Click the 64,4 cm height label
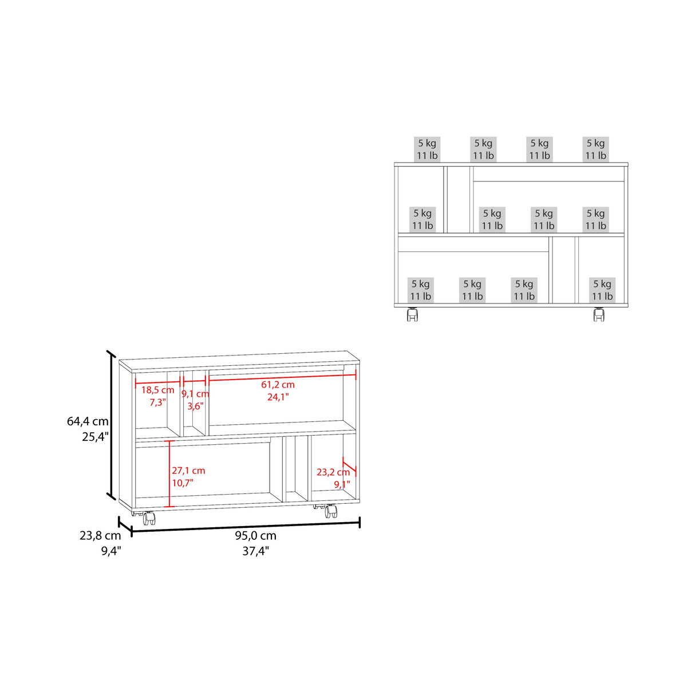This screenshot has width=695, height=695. pyautogui.click(x=88, y=421)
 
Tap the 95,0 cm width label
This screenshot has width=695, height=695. pyautogui.click(x=255, y=536)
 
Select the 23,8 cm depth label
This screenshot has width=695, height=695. pyautogui.click(x=100, y=536)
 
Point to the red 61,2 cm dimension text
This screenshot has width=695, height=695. pyautogui.click(x=278, y=385)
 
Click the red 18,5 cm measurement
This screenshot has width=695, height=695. pyautogui.click(x=157, y=390)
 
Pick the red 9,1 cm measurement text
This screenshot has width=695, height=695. pyautogui.click(x=195, y=394)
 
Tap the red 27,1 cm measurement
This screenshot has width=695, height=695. pyautogui.click(x=188, y=471)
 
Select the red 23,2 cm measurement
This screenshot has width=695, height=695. pyautogui.click(x=333, y=472)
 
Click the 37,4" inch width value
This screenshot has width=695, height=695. pyautogui.click(x=255, y=551)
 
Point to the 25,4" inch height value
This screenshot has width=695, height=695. pyautogui.click(x=95, y=437)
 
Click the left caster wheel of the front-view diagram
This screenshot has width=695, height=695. pyautogui.click(x=412, y=314)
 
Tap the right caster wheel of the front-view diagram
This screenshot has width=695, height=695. pyautogui.click(x=599, y=314)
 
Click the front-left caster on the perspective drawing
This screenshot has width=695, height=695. pyautogui.click(x=149, y=519)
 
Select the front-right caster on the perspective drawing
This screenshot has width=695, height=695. pyautogui.click(x=330, y=511)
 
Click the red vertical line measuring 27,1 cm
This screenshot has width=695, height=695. pyautogui.click(x=169, y=473)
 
